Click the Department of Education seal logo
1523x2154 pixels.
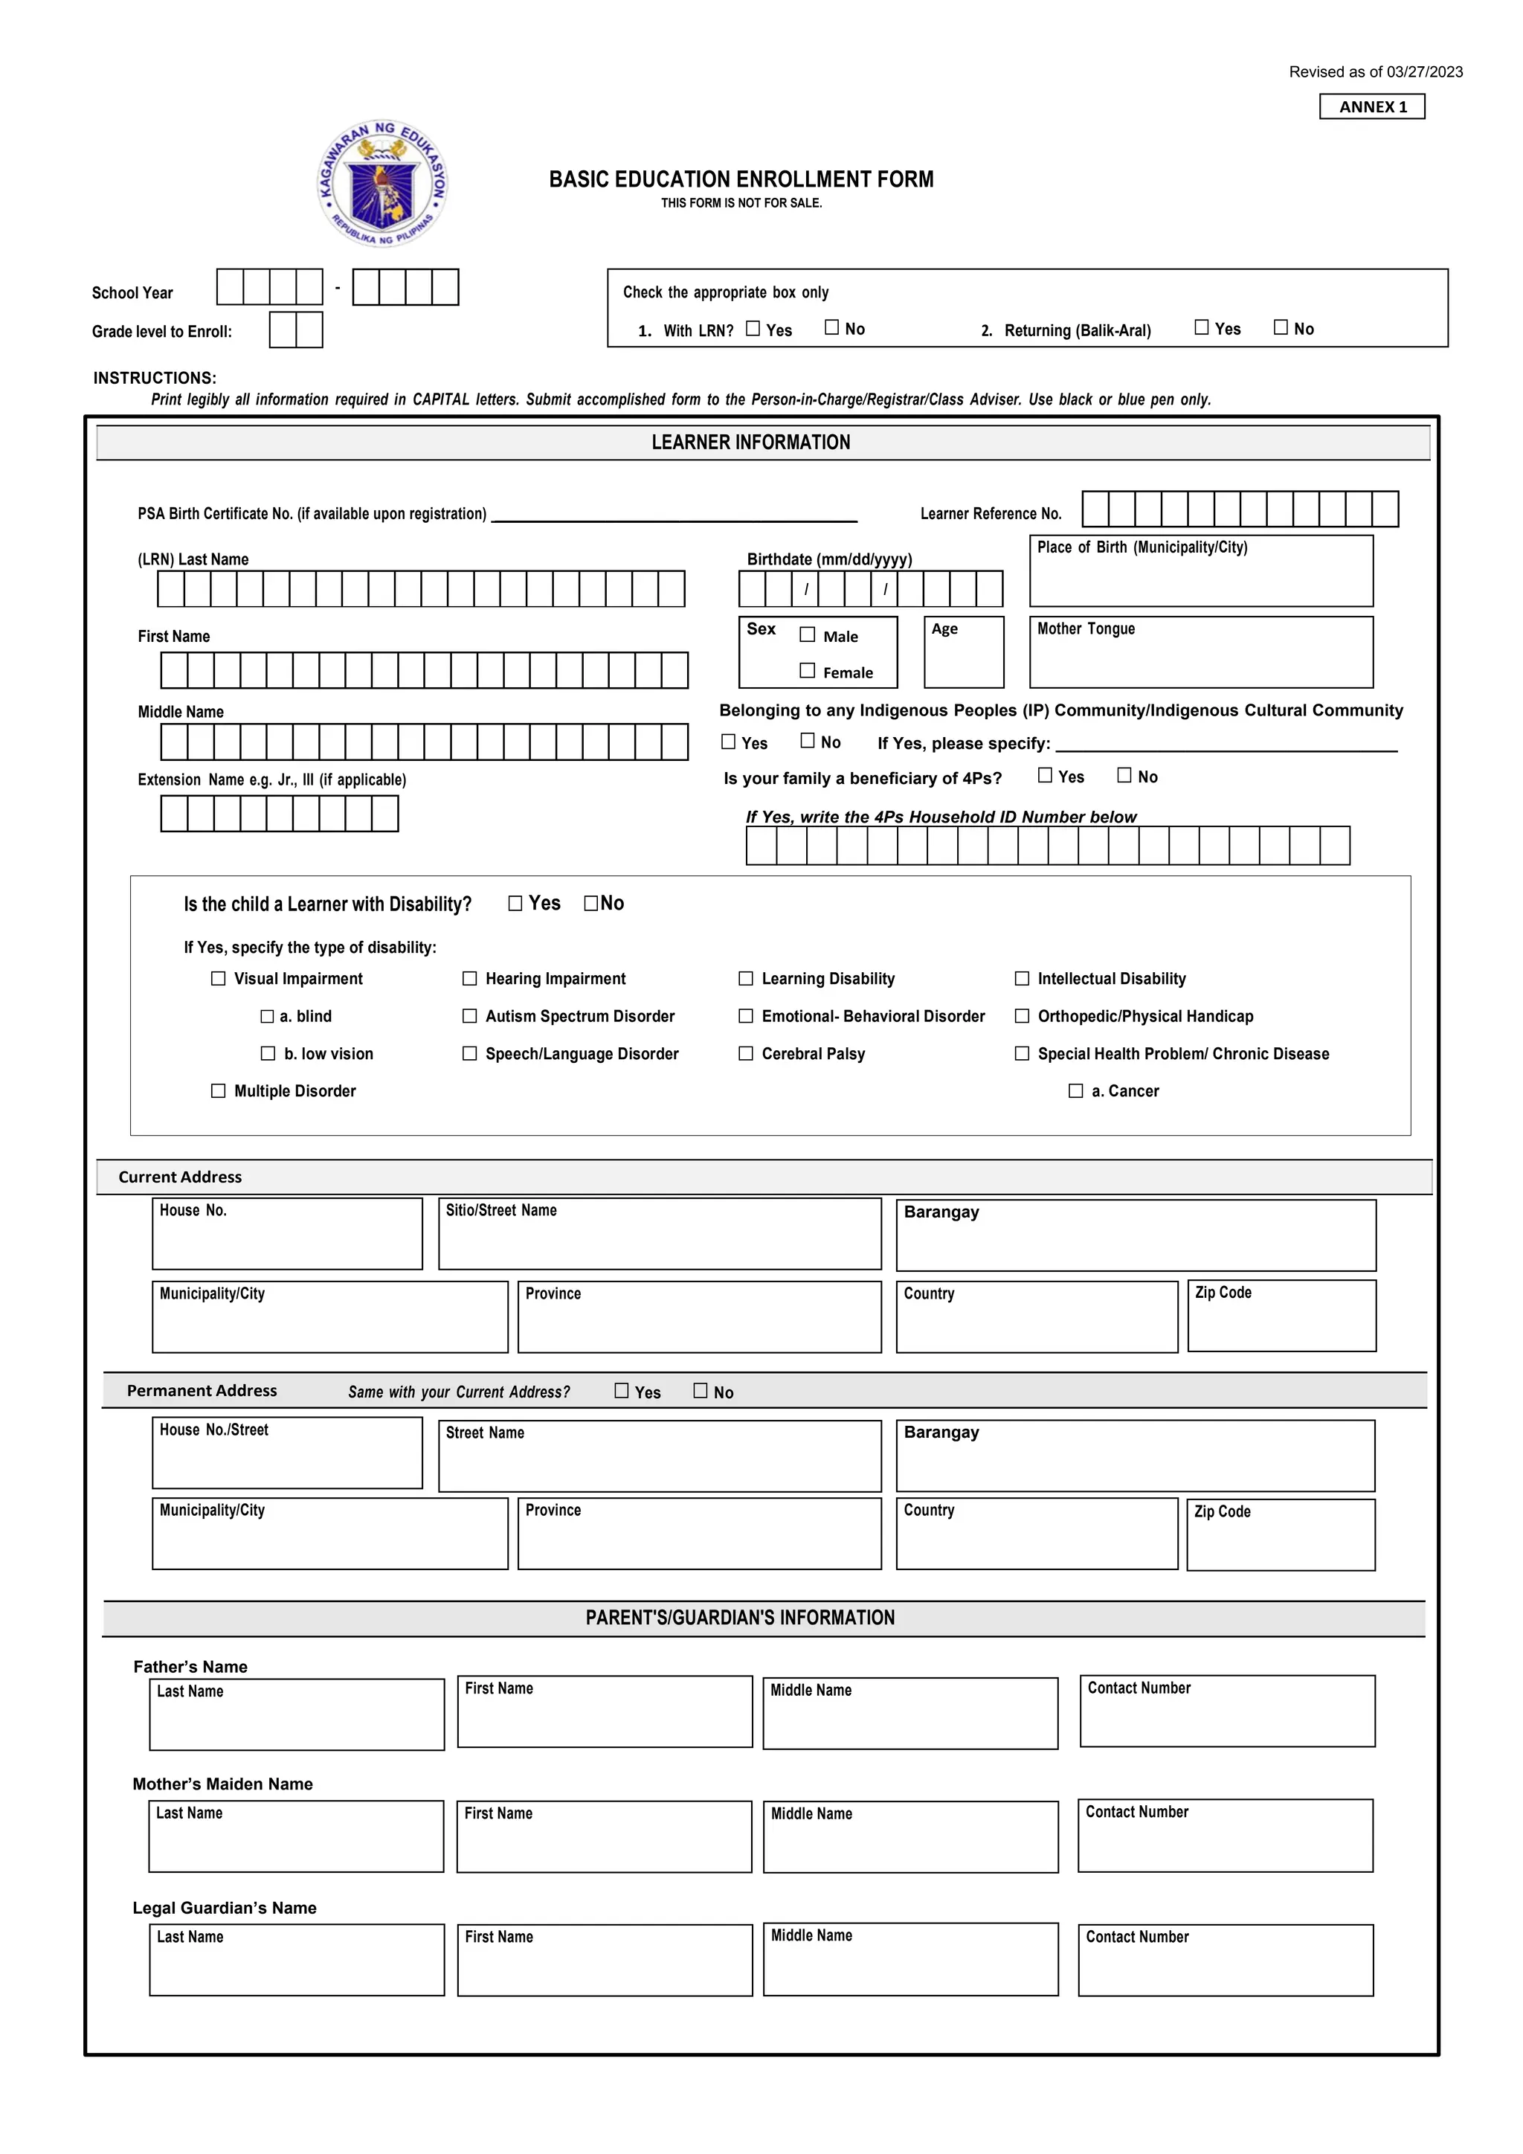pyautogui.click(x=383, y=184)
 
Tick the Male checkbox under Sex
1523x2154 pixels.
pyautogui.click(x=808, y=634)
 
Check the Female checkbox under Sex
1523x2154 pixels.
pyautogui.click(x=808, y=670)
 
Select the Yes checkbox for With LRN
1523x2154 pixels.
pyautogui.click(x=753, y=328)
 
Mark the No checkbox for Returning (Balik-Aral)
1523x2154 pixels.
pyautogui.click(x=1281, y=327)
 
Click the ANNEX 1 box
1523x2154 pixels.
pyautogui.click(x=1372, y=107)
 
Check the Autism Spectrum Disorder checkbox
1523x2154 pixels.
pyautogui.click(x=470, y=1016)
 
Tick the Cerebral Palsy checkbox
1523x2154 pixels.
pyautogui.click(x=747, y=1053)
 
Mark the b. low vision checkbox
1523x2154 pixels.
pyautogui.click(x=268, y=1053)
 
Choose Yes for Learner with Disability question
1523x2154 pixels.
pyautogui.click(x=515, y=904)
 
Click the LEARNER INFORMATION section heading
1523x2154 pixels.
pyautogui.click(x=750, y=443)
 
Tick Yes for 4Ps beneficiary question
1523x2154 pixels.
pyautogui.click(x=1045, y=775)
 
